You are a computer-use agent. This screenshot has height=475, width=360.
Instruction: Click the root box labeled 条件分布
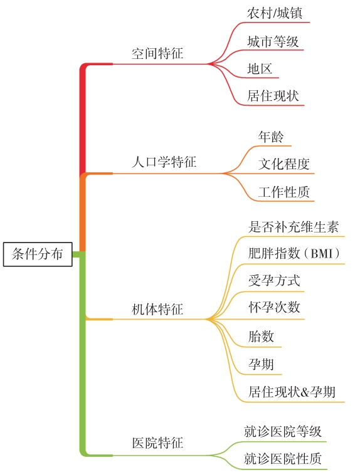(x=38, y=254)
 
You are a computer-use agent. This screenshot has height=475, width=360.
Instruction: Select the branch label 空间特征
(x=157, y=53)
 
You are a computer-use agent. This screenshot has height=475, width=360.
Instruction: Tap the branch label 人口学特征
(x=164, y=162)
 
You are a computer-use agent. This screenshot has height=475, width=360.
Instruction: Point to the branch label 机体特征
(x=157, y=310)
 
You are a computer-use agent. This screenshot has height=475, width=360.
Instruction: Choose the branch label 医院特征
(x=157, y=443)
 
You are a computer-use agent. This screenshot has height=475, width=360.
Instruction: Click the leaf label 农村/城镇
(x=275, y=13)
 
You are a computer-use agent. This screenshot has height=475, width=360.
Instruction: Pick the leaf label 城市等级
(x=273, y=41)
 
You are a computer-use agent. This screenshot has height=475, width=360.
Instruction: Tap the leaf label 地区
(x=260, y=69)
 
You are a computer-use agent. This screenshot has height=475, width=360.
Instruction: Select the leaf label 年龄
(x=271, y=137)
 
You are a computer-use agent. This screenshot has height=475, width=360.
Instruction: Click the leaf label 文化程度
(x=284, y=164)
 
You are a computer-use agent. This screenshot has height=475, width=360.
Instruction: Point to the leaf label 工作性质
(x=284, y=192)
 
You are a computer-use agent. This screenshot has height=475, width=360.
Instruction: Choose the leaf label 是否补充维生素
(x=294, y=227)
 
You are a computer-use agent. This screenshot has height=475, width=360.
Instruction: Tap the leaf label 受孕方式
(x=274, y=281)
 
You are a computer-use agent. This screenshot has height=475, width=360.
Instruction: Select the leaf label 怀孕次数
(x=274, y=307)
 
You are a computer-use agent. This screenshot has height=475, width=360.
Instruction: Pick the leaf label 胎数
(x=261, y=337)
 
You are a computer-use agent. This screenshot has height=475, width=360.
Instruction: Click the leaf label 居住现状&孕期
(x=292, y=392)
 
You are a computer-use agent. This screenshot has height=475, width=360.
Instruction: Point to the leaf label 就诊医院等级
(x=283, y=431)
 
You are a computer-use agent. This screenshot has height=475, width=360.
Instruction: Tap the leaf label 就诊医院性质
(x=283, y=459)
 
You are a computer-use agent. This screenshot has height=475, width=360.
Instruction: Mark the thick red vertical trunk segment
(x=82, y=120)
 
